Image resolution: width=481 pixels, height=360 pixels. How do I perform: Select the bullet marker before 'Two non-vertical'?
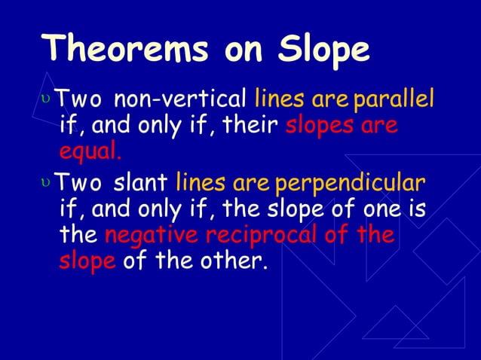click(x=49, y=99)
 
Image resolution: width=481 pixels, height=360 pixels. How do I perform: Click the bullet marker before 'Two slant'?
click(x=49, y=184)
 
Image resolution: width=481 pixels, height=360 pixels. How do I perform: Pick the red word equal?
click(x=89, y=152)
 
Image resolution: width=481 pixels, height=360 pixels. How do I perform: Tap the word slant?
click(x=140, y=184)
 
